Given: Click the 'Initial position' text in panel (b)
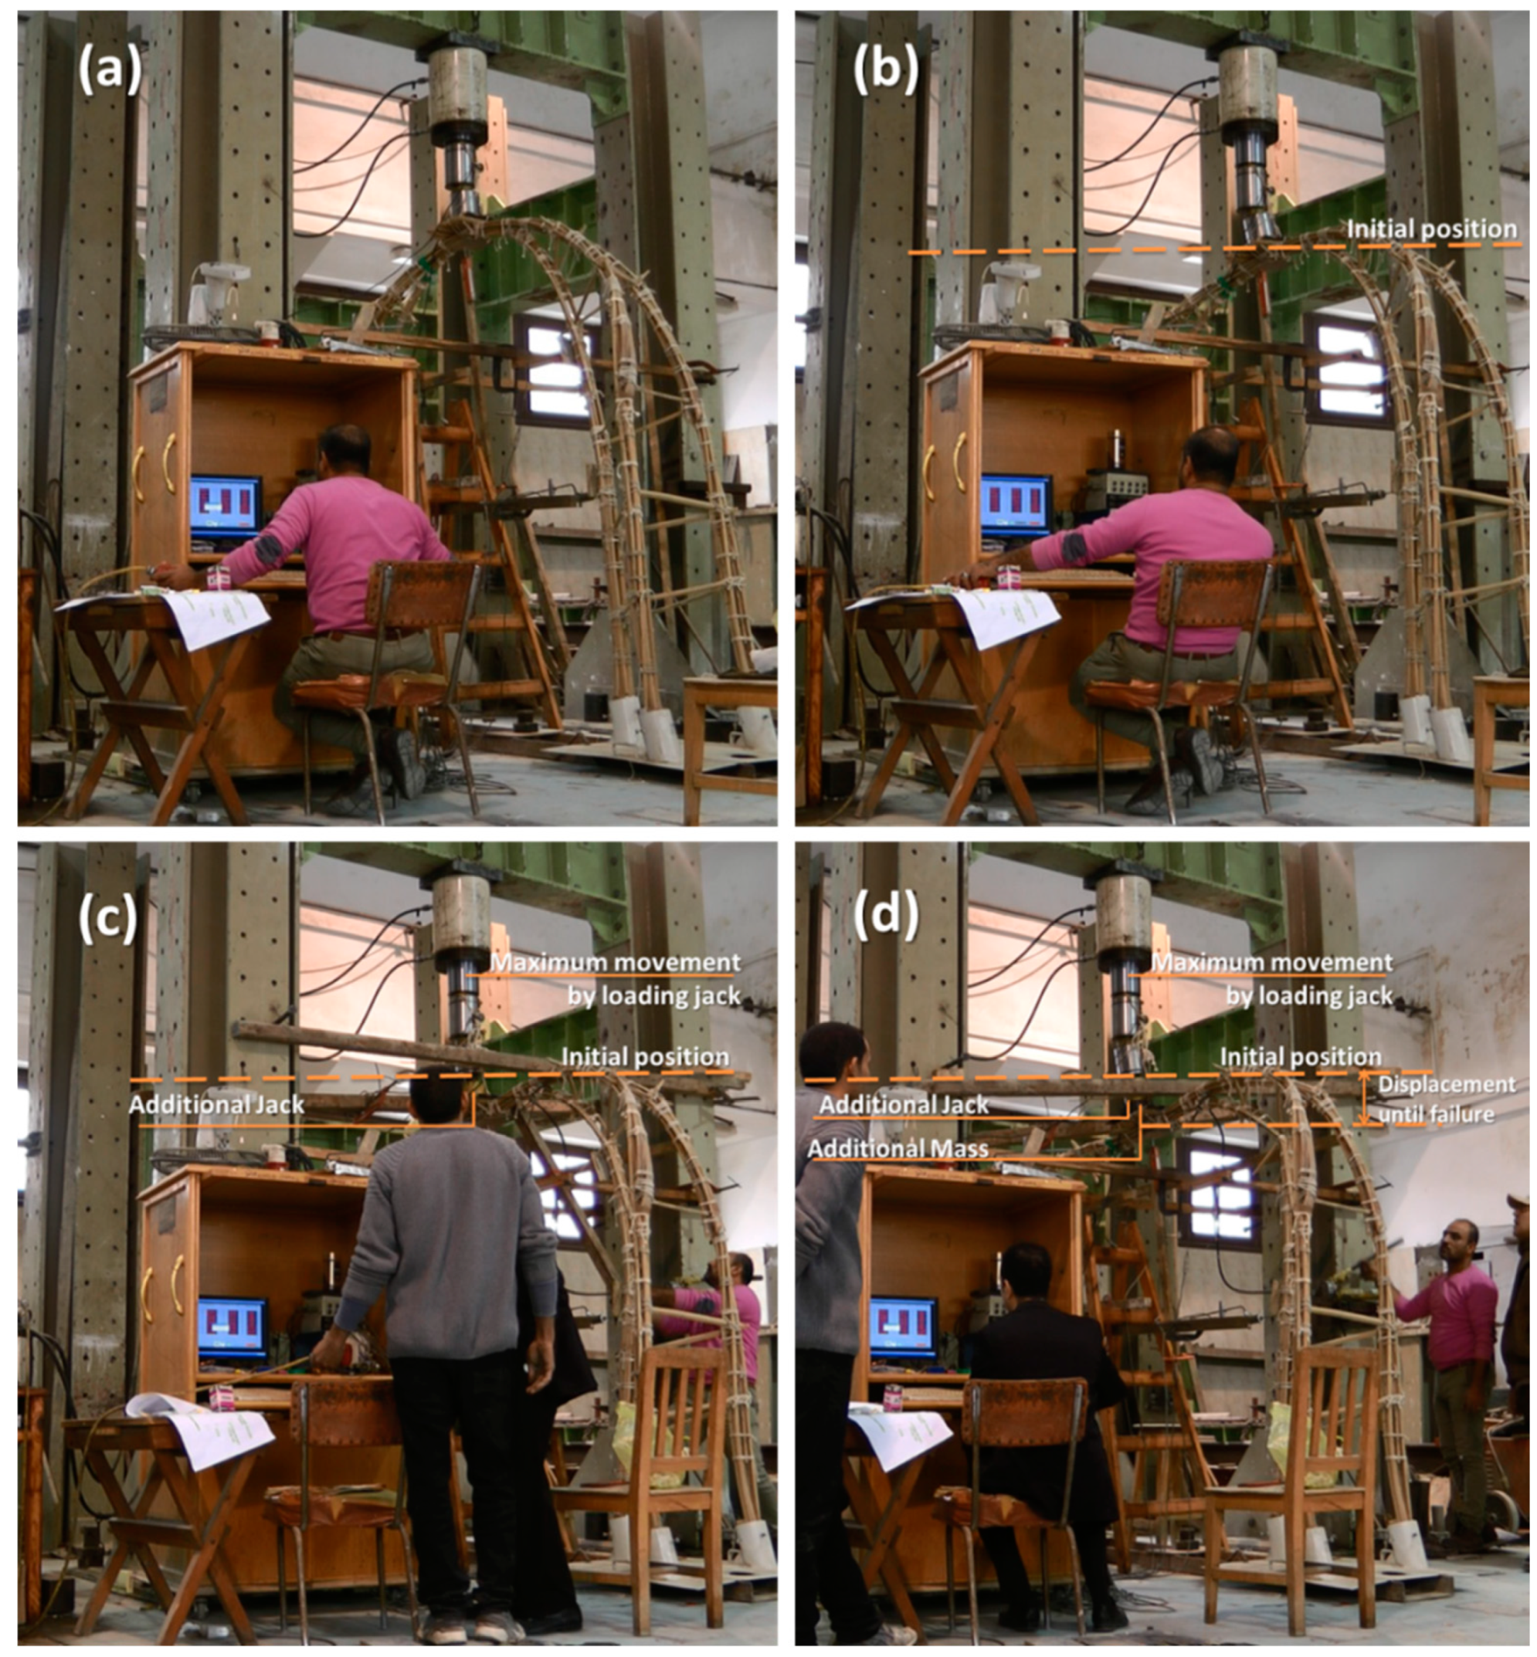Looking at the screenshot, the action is pyautogui.click(x=1431, y=229).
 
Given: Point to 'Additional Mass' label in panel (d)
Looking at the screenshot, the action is pyautogui.click(x=898, y=1148).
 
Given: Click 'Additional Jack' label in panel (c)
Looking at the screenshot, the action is pyautogui.click(x=216, y=1104).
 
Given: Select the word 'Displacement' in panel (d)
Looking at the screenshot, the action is pyautogui.click(x=1447, y=1084).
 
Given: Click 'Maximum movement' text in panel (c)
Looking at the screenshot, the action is pyautogui.click(x=616, y=963).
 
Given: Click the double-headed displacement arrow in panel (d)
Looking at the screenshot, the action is pyautogui.click(x=1364, y=1098).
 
